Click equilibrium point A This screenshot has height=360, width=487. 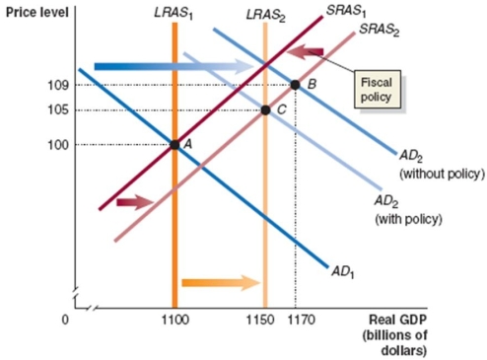[174, 144]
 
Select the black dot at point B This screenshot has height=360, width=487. [296, 84]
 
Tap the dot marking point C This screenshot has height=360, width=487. [265, 108]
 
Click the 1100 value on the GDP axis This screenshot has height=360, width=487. [174, 321]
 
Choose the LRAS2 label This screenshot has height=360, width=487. [264, 11]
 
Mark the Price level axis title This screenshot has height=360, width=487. [33, 11]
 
